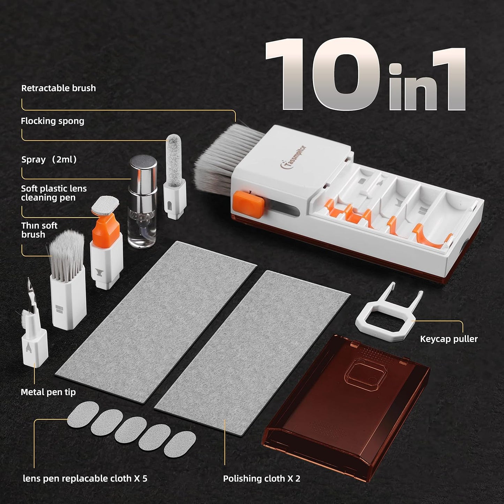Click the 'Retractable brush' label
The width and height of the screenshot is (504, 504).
click(59, 88)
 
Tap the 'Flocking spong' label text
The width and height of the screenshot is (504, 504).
click(53, 121)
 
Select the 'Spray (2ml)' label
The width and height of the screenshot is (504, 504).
click(49, 160)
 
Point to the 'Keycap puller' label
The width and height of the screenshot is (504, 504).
click(449, 339)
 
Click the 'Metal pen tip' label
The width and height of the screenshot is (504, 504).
click(48, 392)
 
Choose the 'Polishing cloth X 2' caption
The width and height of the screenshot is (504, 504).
click(262, 479)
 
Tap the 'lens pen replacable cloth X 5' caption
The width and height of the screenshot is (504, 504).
click(85, 479)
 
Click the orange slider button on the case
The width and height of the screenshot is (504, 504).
click(249, 204)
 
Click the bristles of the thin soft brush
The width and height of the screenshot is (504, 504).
click(67, 253)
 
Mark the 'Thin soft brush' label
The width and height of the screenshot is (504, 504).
click(39, 230)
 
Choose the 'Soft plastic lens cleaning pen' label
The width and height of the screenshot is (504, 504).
click(54, 193)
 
